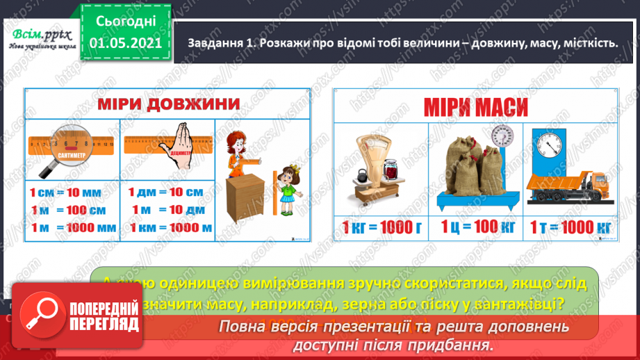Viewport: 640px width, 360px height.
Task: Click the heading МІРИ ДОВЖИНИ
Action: [x=168, y=105]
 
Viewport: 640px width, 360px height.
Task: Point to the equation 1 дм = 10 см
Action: [x=165, y=192]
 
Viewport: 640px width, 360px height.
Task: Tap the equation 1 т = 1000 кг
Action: [x=571, y=227]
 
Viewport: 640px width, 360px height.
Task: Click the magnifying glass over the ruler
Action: [x=56, y=149]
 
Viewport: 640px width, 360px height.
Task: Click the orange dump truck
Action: [x=568, y=188]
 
